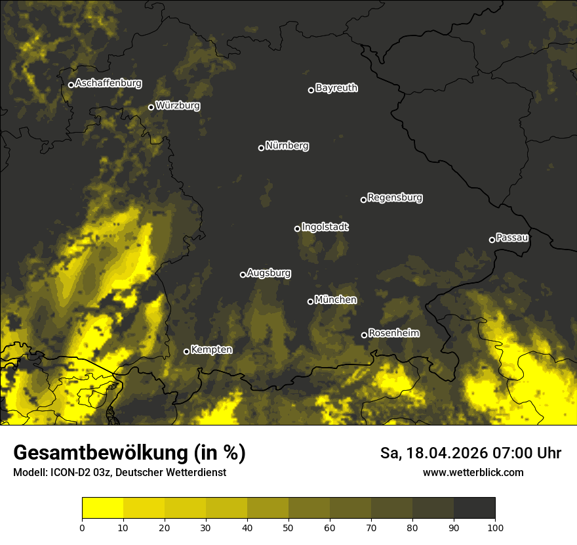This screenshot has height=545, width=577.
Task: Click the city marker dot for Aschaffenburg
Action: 71,85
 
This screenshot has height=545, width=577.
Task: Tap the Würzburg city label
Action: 178,106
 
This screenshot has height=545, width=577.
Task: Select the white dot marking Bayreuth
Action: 311,90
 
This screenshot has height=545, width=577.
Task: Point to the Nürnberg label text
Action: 287,146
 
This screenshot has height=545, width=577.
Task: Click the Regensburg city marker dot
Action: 363,200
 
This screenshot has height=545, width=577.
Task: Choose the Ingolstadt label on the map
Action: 325,227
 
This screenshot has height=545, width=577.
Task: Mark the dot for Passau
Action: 492,240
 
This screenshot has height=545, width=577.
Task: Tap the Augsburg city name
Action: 269,273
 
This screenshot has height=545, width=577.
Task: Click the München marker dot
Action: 310,302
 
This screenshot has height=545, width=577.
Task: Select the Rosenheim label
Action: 393,334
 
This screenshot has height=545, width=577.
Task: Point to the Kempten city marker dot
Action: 186,351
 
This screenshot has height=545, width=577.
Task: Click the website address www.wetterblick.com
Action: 473,473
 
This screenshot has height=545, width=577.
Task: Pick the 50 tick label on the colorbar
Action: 288,528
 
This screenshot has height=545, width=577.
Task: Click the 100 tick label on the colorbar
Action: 495,528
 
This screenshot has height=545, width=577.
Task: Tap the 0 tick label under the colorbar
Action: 82,528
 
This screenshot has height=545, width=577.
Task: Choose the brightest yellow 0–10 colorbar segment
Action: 102,508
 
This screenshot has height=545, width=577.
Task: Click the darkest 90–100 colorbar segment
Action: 474,508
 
